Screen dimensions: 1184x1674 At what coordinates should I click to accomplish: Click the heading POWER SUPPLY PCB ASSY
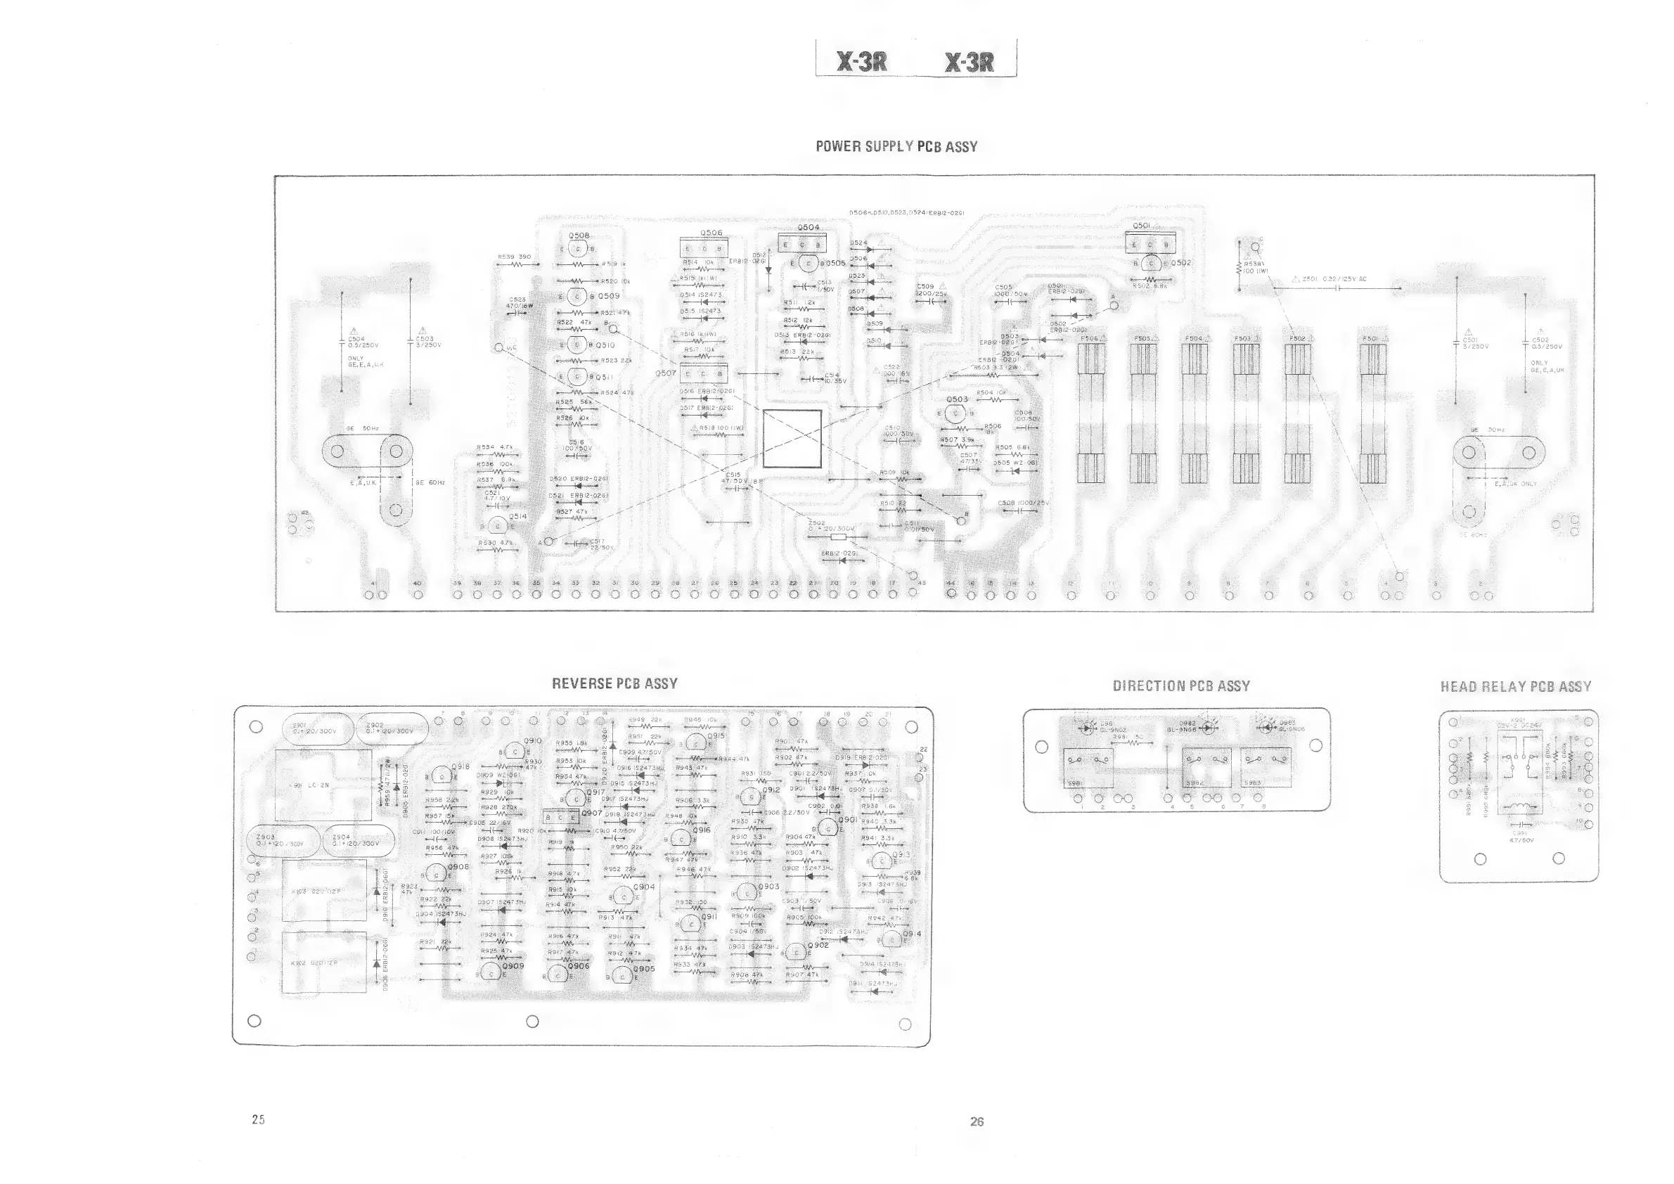tap(896, 146)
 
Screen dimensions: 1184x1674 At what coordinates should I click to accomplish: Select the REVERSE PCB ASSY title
tap(614, 684)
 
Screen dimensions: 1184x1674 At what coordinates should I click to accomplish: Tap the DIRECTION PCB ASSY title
tap(1181, 686)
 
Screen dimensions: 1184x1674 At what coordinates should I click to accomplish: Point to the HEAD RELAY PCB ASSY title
tap(1515, 687)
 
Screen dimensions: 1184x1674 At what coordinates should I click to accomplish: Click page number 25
tap(258, 1119)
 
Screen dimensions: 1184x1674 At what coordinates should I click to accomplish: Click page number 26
tap(977, 1121)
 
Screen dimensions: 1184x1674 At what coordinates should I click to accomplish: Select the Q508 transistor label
tap(579, 236)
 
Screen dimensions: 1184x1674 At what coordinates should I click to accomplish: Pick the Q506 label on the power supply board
tap(711, 233)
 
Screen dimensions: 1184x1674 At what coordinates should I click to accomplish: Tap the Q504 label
tap(809, 228)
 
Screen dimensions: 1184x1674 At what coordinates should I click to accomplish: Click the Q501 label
tap(1141, 226)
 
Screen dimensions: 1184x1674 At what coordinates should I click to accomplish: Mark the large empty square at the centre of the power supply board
tap(792, 438)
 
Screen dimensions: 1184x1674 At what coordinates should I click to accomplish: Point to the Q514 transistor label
tap(517, 516)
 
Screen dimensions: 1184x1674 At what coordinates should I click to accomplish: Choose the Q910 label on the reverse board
tap(532, 741)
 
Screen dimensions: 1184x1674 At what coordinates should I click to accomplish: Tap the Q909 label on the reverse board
tap(513, 966)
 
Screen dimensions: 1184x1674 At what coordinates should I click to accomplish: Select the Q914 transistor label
tap(911, 933)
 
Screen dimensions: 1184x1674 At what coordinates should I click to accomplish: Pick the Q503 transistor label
tap(957, 399)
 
